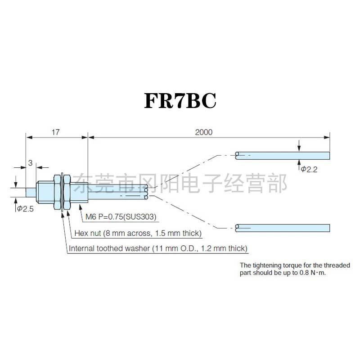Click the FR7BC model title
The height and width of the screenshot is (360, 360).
[x=180, y=101]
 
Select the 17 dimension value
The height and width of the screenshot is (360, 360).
[x=55, y=132]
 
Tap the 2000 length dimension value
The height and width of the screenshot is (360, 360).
[x=204, y=132]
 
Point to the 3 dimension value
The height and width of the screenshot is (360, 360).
[x=30, y=163]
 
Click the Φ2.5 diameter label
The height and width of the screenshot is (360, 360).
[x=26, y=209]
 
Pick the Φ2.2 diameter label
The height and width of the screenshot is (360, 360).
[x=309, y=170]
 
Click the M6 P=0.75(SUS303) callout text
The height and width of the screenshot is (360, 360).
[x=121, y=217]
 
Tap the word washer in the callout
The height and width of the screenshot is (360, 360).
[x=137, y=248]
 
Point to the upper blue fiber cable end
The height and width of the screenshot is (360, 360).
[x=283, y=156]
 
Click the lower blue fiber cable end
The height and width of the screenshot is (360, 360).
[x=283, y=228]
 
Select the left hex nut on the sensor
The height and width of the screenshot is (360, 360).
[x=58, y=192]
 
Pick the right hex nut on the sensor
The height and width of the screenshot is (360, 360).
[x=67, y=192]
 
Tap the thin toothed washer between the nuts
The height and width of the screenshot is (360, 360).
[x=62, y=192]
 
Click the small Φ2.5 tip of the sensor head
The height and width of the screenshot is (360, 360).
[x=31, y=192]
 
